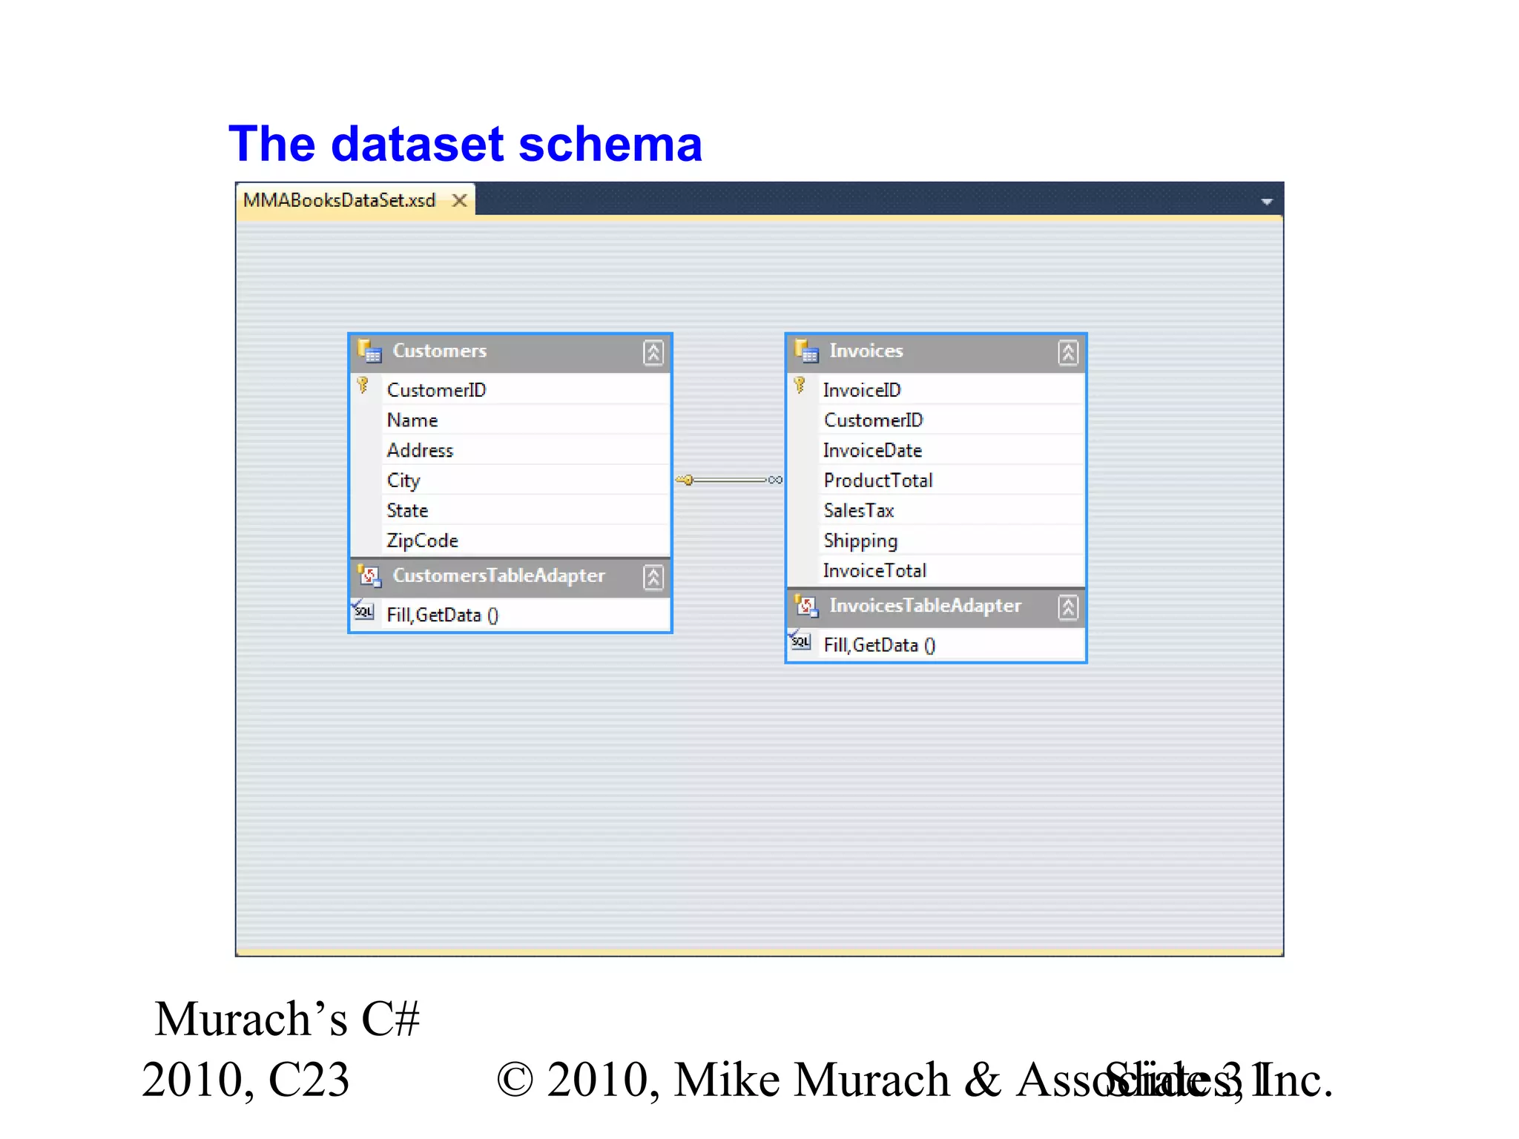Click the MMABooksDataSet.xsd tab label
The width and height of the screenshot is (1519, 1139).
pyautogui.click(x=339, y=200)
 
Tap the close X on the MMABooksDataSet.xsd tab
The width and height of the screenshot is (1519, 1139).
pyautogui.click(x=460, y=200)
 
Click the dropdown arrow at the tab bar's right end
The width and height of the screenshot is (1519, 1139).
pyautogui.click(x=1267, y=202)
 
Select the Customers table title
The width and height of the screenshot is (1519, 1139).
pyautogui.click(x=439, y=351)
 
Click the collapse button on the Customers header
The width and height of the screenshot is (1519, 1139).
pyautogui.click(x=653, y=352)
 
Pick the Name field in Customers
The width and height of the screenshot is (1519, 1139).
pyautogui.click(x=412, y=420)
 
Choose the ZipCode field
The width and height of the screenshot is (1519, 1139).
pyautogui.click(x=422, y=541)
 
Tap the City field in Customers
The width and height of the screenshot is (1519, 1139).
pyautogui.click(x=403, y=481)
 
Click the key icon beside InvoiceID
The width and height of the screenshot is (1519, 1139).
pyautogui.click(x=800, y=385)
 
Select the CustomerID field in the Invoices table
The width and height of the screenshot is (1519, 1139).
pyautogui.click(x=873, y=420)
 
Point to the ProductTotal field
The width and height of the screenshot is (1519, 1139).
pyautogui.click(x=878, y=481)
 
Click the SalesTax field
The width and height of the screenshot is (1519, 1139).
pyautogui.click(x=859, y=511)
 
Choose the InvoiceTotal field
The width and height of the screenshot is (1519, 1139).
pyautogui.click(x=874, y=571)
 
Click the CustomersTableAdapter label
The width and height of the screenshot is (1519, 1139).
pyautogui.click(x=498, y=575)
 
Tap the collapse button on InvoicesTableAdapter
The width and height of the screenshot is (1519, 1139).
pyautogui.click(x=1068, y=607)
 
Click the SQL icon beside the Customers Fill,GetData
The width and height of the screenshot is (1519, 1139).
pyautogui.click(x=363, y=612)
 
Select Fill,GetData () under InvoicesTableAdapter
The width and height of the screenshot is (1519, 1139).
pyautogui.click(x=880, y=645)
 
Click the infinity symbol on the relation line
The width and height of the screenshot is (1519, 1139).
pyautogui.click(x=775, y=480)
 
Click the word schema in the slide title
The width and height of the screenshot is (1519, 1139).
pyautogui.click(x=610, y=144)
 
